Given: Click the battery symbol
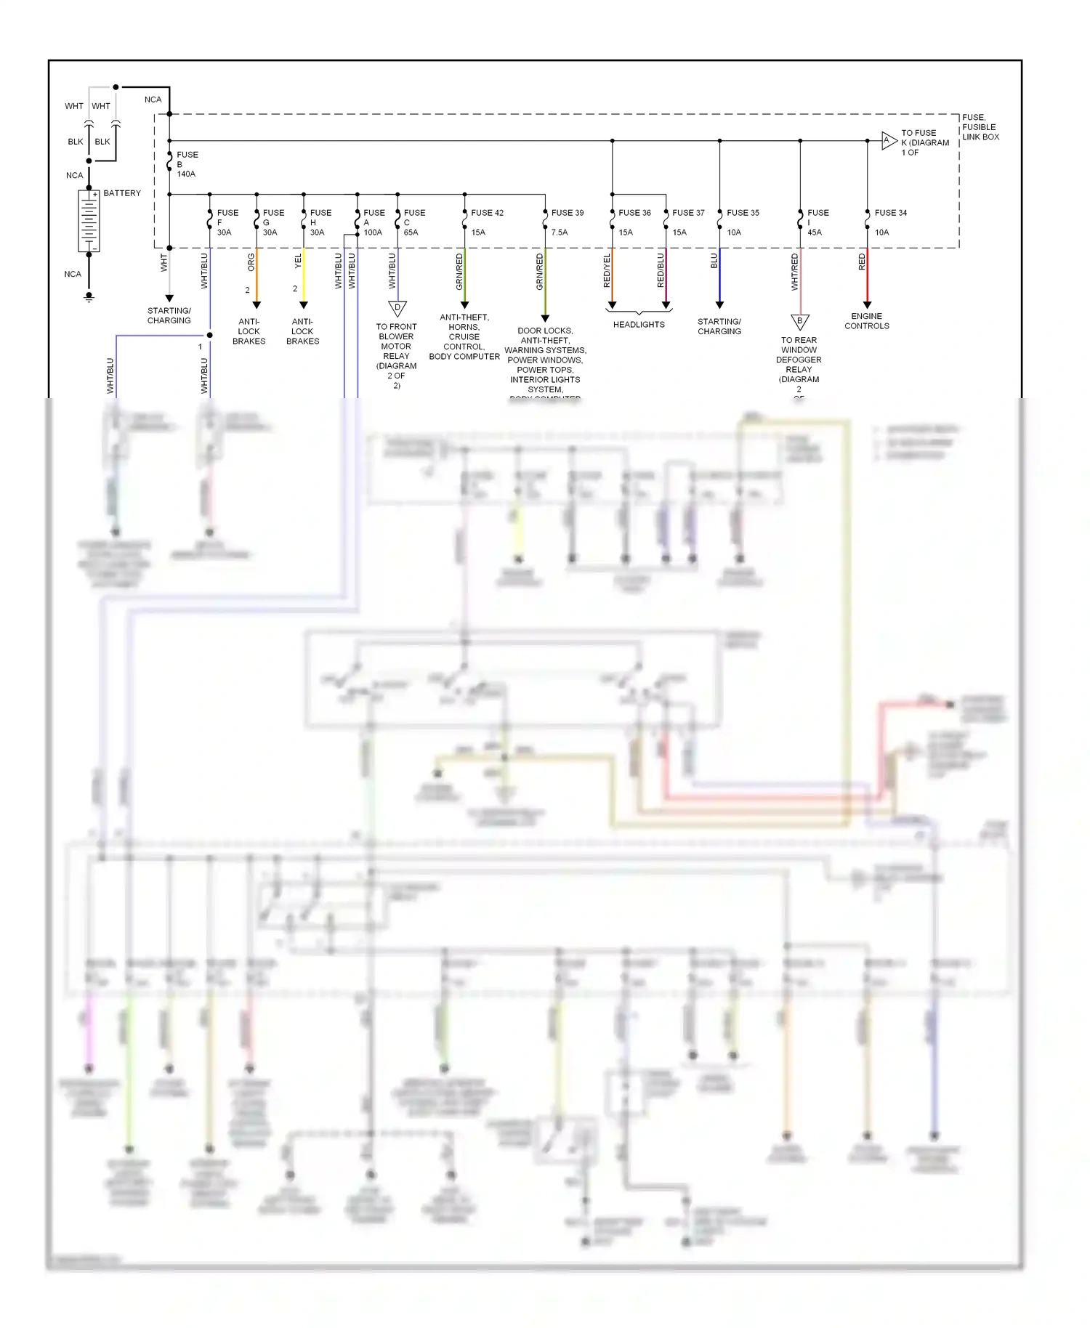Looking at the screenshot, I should pyautogui.click(x=89, y=222).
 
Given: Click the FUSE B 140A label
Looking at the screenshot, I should pyautogui.click(x=187, y=164).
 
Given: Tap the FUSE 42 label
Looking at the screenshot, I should pyautogui.click(x=487, y=213).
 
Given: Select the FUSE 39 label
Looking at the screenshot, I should pyautogui.click(x=568, y=213).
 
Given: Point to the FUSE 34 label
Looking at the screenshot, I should pyautogui.click(x=890, y=213).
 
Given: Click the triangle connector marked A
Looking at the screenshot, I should pyautogui.click(x=888, y=141).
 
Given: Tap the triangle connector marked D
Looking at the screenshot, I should pyautogui.click(x=397, y=309).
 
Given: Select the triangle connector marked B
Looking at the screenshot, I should pyautogui.click(x=799, y=322).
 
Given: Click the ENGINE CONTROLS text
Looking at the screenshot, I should pyautogui.click(x=866, y=321).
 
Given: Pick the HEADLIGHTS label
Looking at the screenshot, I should pyautogui.click(x=639, y=325).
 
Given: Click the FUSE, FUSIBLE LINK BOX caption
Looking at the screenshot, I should pyautogui.click(x=980, y=127).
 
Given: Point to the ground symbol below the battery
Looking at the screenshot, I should pyautogui.click(x=89, y=297).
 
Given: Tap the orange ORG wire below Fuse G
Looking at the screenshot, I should pyautogui.click(x=257, y=276).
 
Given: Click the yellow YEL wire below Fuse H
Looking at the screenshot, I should pyautogui.click(x=304, y=276).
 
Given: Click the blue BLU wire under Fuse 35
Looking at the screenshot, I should pyautogui.click(x=719, y=280).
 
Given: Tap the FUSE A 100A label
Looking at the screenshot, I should pyautogui.click(x=374, y=222).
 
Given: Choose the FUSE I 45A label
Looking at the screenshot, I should pyautogui.click(x=817, y=222).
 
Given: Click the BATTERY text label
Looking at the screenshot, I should pyautogui.click(x=122, y=193).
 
